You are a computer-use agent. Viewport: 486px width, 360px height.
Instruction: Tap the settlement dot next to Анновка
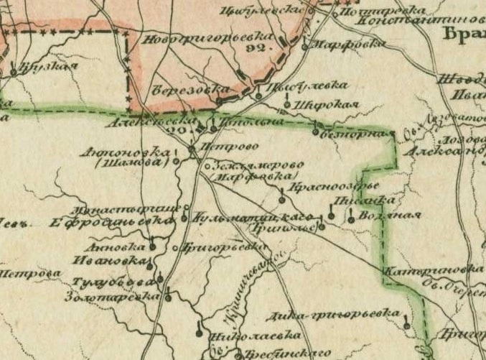(x=151, y=246)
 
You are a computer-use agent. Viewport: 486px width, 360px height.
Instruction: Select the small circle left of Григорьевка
(x=177, y=248)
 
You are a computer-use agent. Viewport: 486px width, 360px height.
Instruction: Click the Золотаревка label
(x=110, y=295)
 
